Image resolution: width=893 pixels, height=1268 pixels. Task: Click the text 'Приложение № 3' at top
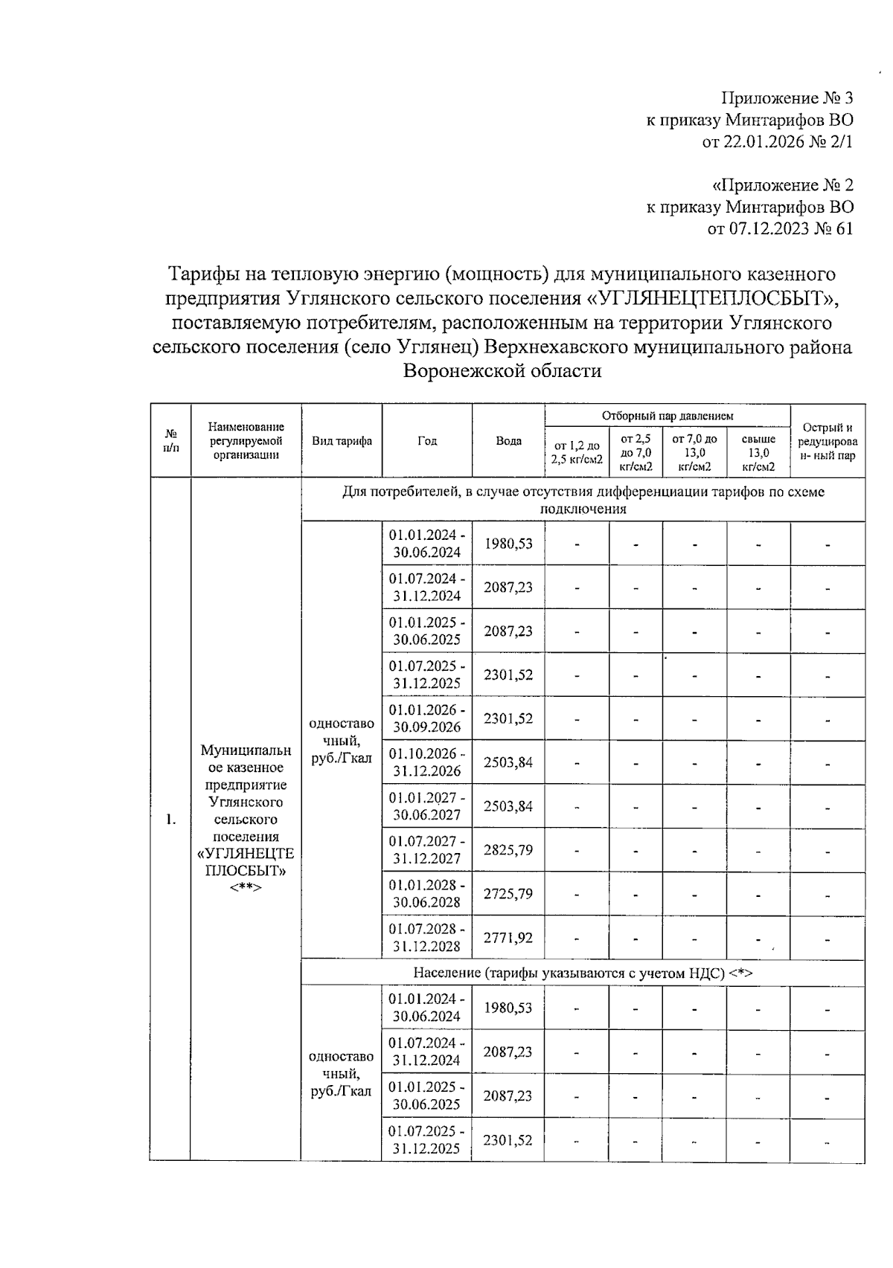[x=787, y=98]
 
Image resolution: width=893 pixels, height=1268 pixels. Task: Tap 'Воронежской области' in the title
[x=502, y=370]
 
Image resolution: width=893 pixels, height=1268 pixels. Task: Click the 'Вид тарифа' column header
[x=342, y=441]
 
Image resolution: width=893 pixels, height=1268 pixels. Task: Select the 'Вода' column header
[x=508, y=441]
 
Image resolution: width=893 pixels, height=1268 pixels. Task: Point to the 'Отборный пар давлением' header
[x=667, y=416]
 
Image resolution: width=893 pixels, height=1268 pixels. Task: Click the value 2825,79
[x=508, y=850]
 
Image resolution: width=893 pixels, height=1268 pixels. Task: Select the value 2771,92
[x=508, y=938]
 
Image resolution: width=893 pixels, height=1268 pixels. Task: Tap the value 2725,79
[x=508, y=894]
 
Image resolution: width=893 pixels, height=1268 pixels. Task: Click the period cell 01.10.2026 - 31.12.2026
[x=427, y=762]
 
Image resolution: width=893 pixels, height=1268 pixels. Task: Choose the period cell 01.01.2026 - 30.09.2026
[x=427, y=718]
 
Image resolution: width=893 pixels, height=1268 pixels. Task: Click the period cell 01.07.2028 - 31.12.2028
[x=427, y=938]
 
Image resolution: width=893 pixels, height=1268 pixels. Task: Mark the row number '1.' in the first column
[x=171, y=820]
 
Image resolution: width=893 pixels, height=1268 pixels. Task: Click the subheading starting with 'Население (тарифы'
[x=583, y=973]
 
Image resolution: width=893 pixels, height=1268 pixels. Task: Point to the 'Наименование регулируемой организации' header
[x=246, y=441]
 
